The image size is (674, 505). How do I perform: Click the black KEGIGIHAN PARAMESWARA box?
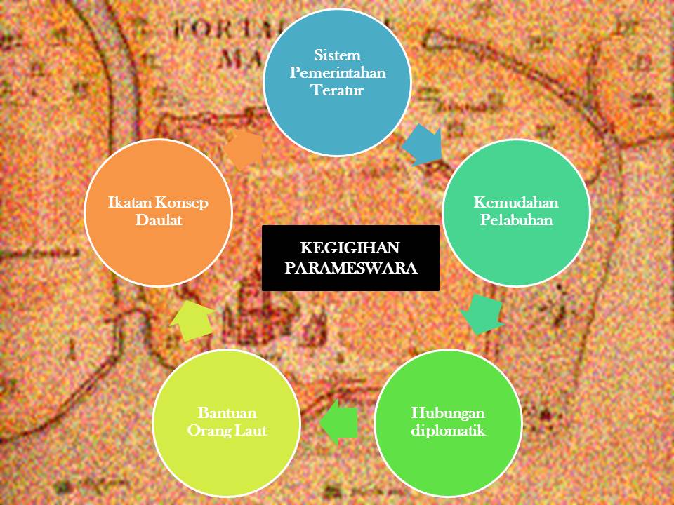click(x=350, y=257)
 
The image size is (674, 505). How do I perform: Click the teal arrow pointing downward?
click(x=483, y=314)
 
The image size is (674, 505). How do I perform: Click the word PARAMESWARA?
click(x=350, y=267)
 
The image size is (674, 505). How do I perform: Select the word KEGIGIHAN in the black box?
click(x=350, y=248)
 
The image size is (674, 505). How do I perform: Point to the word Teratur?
click(x=337, y=90)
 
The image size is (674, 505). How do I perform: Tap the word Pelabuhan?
click(x=515, y=220)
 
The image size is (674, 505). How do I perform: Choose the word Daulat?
click(x=158, y=220)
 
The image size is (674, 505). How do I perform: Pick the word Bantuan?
click(x=227, y=412)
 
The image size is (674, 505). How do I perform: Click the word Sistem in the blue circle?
click(x=337, y=54)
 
